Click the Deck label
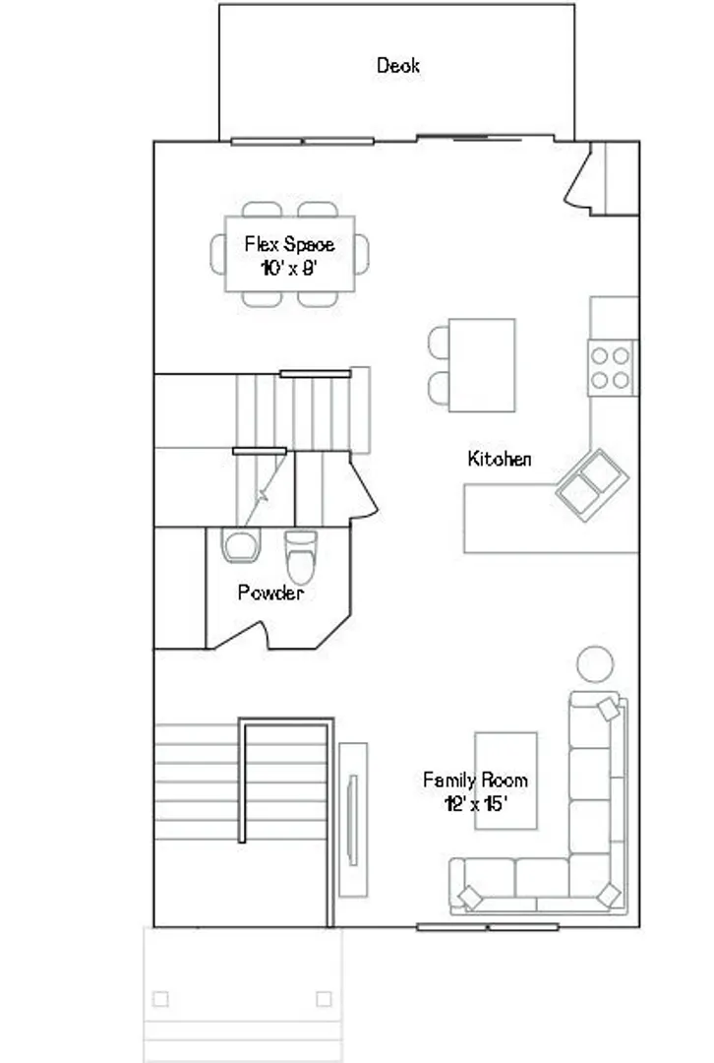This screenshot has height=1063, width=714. click(398, 66)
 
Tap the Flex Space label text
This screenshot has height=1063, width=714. click(289, 244)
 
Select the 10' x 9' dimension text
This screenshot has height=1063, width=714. click(289, 269)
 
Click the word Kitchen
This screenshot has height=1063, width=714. click(500, 459)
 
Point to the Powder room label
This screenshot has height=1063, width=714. click(270, 593)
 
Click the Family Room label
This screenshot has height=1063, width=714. click(475, 780)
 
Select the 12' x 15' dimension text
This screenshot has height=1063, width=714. click(476, 804)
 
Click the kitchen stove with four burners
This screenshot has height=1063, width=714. click(613, 367)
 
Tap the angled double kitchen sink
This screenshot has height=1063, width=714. click(592, 484)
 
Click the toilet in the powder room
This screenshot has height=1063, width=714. click(301, 556)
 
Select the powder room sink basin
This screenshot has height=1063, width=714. click(241, 545)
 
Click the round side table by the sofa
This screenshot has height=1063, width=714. click(595, 663)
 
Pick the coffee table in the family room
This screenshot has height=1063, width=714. click(506, 781)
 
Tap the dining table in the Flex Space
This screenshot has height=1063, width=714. click(290, 254)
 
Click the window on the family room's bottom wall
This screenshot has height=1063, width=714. click(488, 927)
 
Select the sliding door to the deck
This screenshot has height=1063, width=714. click(485, 139)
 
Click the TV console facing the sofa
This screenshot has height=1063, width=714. click(353, 820)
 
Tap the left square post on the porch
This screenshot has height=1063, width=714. click(160, 999)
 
